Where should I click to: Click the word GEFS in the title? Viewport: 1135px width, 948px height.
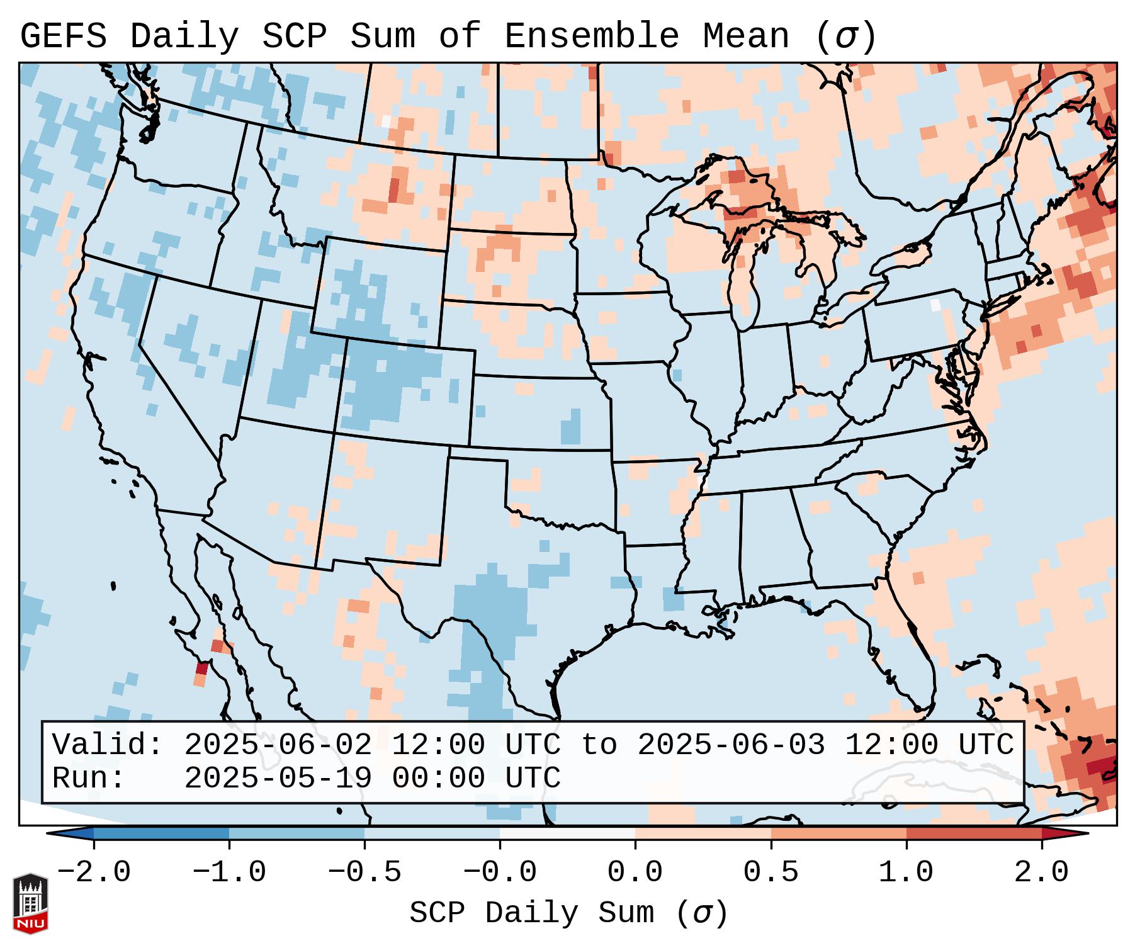click(63, 37)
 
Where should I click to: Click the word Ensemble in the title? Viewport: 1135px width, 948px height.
click(591, 37)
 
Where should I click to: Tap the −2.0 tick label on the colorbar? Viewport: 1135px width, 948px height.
click(94, 872)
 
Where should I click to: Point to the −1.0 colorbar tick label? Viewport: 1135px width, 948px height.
click(229, 872)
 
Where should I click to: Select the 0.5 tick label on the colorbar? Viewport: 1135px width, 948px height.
click(771, 872)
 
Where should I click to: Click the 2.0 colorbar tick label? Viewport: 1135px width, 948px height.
click(1042, 872)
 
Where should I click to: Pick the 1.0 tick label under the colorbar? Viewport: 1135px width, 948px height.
click(906, 872)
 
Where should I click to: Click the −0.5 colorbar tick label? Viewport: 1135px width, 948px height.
click(364, 872)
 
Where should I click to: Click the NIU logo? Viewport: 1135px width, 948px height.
click(30, 904)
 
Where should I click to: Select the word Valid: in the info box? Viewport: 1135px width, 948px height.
click(107, 745)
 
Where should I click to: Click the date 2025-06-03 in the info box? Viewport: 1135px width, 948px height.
click(731, 745)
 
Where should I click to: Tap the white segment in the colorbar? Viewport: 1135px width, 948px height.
click(567, 833)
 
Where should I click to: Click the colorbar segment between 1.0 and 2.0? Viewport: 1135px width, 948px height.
click(974, 833)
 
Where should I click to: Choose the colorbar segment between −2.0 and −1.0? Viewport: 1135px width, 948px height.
click(161, 833)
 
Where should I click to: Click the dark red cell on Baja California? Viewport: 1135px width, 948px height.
click(202, 669)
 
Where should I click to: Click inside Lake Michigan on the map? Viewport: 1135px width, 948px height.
click(746, 277)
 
